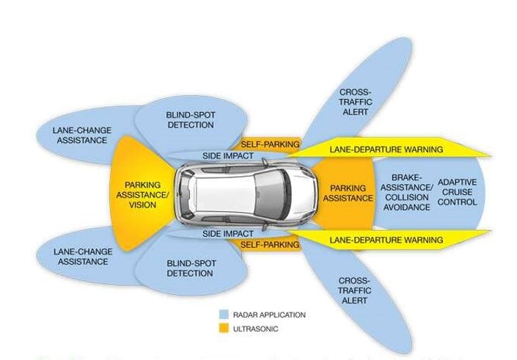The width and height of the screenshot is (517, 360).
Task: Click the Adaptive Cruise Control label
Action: coord(456,191)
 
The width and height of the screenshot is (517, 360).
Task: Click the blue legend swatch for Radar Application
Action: coord(222,315)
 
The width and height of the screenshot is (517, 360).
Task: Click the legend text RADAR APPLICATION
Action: coord(268,315)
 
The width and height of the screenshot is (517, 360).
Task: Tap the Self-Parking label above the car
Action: coord(271,144)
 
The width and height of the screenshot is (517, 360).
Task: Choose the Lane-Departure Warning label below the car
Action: coord(386,240)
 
